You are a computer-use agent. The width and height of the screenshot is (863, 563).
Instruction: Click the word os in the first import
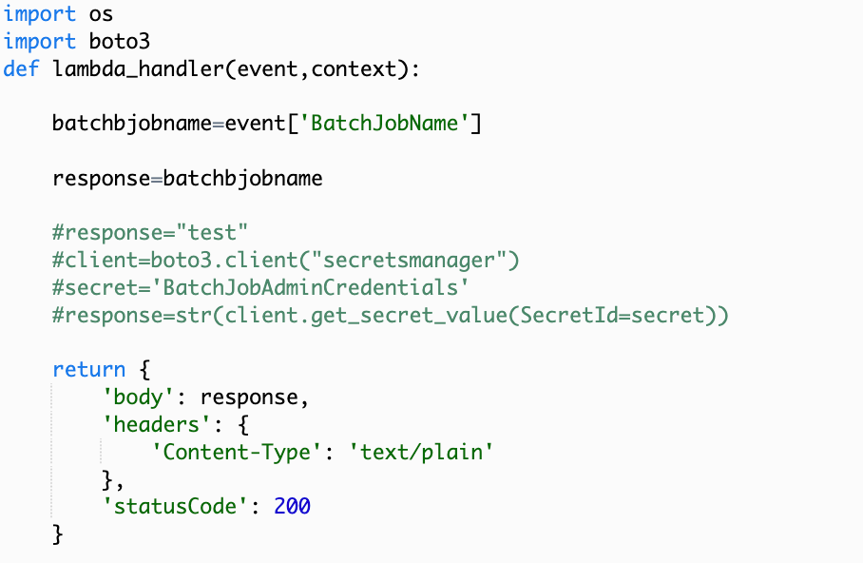tap(102, 15)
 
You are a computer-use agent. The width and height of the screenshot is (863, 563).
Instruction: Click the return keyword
tap(88, 369)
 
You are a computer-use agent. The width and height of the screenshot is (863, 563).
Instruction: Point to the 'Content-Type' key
tap(238, 451)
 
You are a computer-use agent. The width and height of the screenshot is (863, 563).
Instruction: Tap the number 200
tap(293, 506)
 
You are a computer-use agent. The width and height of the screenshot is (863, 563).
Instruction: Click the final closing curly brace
tap(58, 534)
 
